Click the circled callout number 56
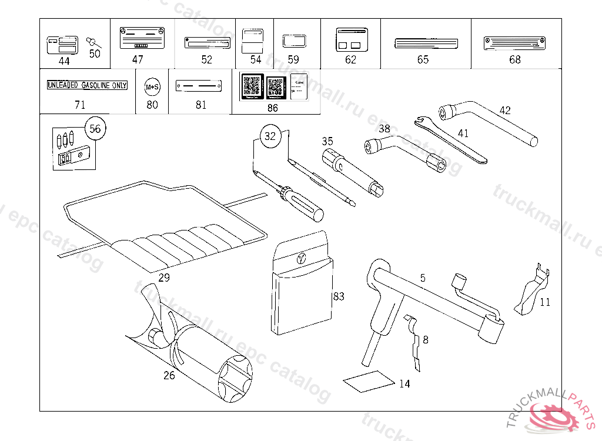pyautogui.click(x=95, y=129)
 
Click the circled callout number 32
pyautogui.click(x=270, y=136)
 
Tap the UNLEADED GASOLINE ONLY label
pyautogui.click(x=87, y=86)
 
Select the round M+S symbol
pyautogui.click(x=152, y=87)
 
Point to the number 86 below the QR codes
pyautogui.click(x=272, y=108)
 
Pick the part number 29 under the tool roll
pyautogui.click(x=164, y=278)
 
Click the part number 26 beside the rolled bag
pyautogui.click(x=169, y=375)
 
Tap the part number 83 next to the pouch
pyautogui.click(x=338, y=296)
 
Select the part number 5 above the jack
pyautogui.click(x=422, y=278)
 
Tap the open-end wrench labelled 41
pyautogui.click(x=453, y=141)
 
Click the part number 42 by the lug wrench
pyautogui.click(x=505, y=110)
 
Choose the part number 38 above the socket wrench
pyautogui.click(x=384, y=128)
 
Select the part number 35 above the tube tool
pyautogui.click(x=327, y=141)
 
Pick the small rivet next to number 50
pyautogui.click(x=93, y=42)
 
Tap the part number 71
pyautogui.click(x=80, y=105)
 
